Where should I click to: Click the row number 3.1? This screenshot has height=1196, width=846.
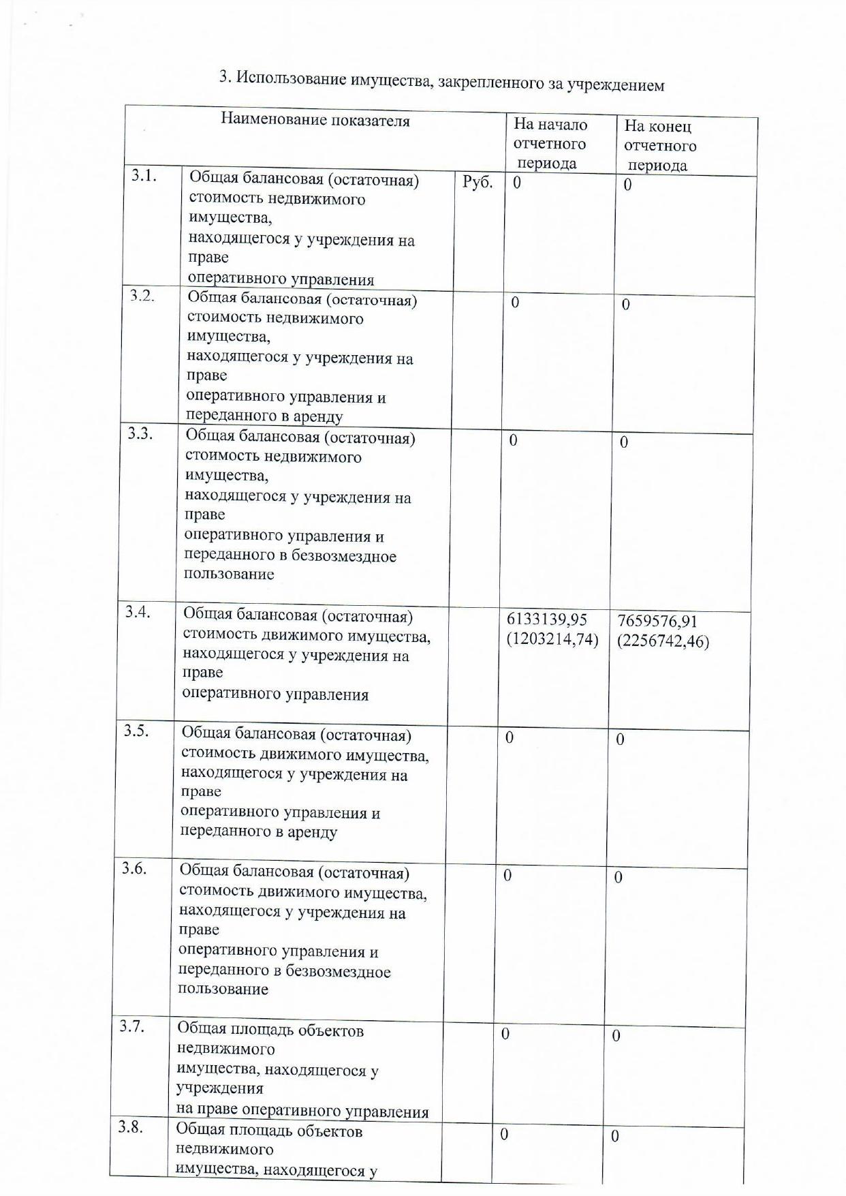[x=144, y=176]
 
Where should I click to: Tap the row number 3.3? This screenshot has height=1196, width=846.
[x=140, y=433]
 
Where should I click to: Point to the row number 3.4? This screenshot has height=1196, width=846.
[x=138, y=611]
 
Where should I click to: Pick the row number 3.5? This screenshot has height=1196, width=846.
[x=136, y=731]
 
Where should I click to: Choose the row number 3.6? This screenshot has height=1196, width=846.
[x=134, y=868]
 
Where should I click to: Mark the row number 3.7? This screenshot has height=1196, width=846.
[x=132, y=1026]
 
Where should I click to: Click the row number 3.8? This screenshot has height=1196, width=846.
[x=130, y=1126]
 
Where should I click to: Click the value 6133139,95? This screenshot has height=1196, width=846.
[x=547, y=619]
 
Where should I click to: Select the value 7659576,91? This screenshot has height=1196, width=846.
[x=657, y=622]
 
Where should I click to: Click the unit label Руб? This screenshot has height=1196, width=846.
[x=477, y=182]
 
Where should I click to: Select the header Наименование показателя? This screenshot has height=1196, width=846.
[x=315, y=121]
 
